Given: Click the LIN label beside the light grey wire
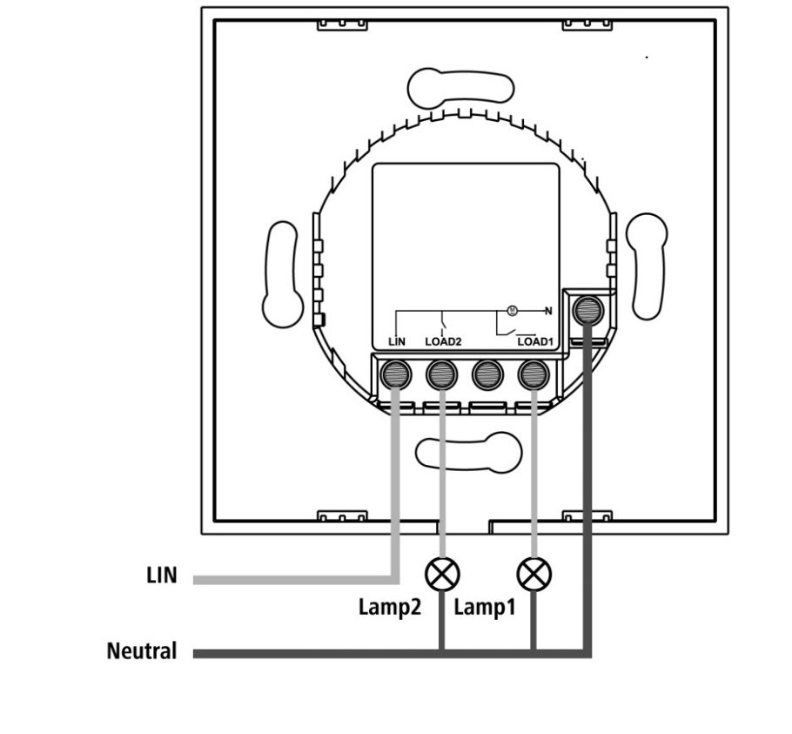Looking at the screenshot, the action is tap(162, 576).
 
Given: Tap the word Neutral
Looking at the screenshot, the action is tap(142, 650).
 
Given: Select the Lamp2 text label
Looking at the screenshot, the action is tap(389, 607).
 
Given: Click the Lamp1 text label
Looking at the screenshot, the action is tap(485, 607).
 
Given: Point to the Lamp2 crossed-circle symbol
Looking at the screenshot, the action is tap(442, 575).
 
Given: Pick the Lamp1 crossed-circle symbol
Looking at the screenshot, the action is tap(534, 575).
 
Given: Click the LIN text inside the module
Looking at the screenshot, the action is tap(397, 341).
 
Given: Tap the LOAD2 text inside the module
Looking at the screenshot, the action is tap(443, 341).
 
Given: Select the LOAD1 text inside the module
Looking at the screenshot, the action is tap(535, 341).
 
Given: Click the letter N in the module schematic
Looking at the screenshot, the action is tap(548, 311).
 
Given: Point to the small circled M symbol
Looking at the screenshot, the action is tap(512, 310).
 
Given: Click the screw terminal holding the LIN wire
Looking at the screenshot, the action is tap(396, 374).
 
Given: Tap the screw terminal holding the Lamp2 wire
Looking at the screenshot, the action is tap(442, 374).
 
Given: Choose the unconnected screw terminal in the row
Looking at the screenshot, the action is tap(487, 374).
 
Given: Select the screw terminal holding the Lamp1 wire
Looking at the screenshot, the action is tap(534, 374).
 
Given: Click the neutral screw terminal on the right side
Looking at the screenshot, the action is tap(587, 310).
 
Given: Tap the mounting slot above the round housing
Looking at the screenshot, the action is tap(460, 89).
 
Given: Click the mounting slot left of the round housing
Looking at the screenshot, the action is tap(283, 273).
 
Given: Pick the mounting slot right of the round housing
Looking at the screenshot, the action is tap(647, 266).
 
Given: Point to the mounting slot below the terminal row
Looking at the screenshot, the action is tap(468, 453).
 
